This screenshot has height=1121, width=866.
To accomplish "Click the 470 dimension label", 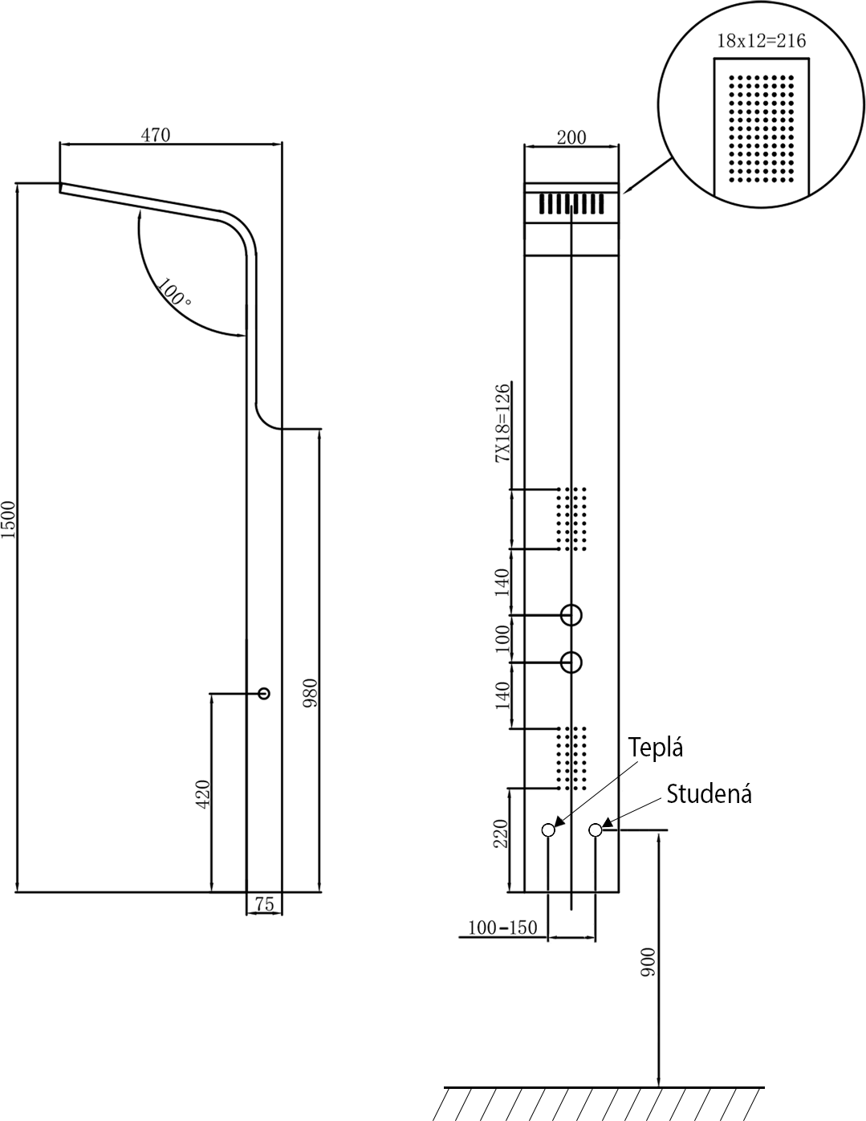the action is pos(155,135).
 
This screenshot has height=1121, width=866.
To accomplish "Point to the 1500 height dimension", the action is pos(8,520).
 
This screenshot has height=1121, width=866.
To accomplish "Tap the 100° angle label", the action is pos(173,292).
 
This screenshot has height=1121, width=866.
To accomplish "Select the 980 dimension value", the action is pos(311,693).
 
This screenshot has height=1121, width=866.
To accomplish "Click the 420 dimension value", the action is pos(203,794).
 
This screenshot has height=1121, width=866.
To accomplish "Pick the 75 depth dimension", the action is pos(264,904).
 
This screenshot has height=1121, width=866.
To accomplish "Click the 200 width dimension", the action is pos(571,138).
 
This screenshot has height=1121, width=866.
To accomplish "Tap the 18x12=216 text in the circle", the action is pos(762,41).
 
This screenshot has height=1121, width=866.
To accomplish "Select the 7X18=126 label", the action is pos(502,423).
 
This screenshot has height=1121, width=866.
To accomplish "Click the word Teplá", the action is pos(655,748).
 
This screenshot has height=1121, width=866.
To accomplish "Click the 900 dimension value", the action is pos(648,961).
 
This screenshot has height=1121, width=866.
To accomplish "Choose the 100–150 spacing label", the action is pos(502,927).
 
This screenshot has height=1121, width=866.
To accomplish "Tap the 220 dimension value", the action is pos(501,834).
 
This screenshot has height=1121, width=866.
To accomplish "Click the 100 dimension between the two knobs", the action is pos(502,638).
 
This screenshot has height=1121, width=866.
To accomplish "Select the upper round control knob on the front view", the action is pos(571,615).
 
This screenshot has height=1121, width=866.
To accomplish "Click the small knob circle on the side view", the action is pos(264,693).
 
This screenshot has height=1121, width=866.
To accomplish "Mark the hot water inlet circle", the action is pos(548,830).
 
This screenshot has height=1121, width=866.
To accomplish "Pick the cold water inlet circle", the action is pos(596,830).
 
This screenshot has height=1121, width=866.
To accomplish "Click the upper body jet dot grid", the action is pos(571,519).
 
